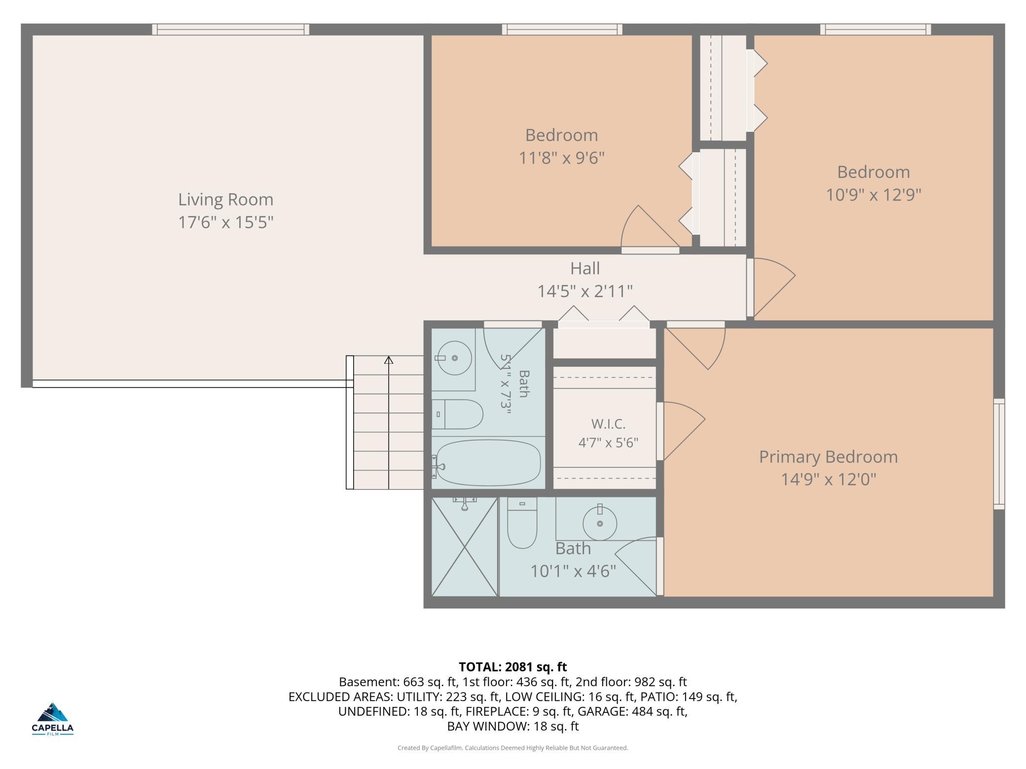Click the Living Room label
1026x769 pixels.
(225, 200)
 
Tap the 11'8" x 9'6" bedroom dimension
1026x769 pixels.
(561, 158)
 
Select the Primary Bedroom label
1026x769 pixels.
(828, 457)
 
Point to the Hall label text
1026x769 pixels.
(585, 268)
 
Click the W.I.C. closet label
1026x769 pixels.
(608, 424)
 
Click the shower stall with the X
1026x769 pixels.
(465, 546)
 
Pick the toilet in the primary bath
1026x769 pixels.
(522, 523)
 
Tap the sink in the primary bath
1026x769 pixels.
(600, 523)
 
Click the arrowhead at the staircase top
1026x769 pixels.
(389, 360)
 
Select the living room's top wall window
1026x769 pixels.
(230, 30)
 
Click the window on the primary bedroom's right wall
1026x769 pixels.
(999, 454)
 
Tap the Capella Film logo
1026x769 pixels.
(53, 719)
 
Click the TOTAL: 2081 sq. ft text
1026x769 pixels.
(513, 667)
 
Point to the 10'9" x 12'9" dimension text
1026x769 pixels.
(874, 195)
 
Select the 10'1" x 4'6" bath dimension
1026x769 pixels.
(573, 571)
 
